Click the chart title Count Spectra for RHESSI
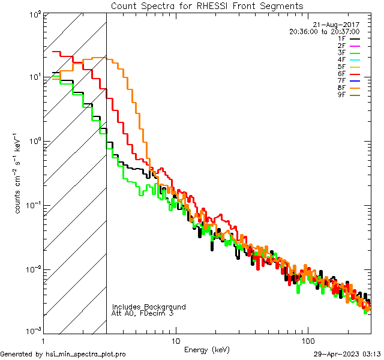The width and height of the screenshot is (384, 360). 207,6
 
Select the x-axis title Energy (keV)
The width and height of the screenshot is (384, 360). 207,349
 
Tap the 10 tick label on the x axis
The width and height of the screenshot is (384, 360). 175,341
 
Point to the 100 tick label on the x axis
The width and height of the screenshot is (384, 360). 307,341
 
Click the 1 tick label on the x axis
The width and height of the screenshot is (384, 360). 44,341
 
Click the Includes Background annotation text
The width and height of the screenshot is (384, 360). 149,307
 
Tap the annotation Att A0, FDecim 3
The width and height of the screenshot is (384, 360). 143,313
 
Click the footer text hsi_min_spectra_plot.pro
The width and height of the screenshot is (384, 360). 86,355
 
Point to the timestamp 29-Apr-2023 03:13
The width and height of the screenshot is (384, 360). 347,355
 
